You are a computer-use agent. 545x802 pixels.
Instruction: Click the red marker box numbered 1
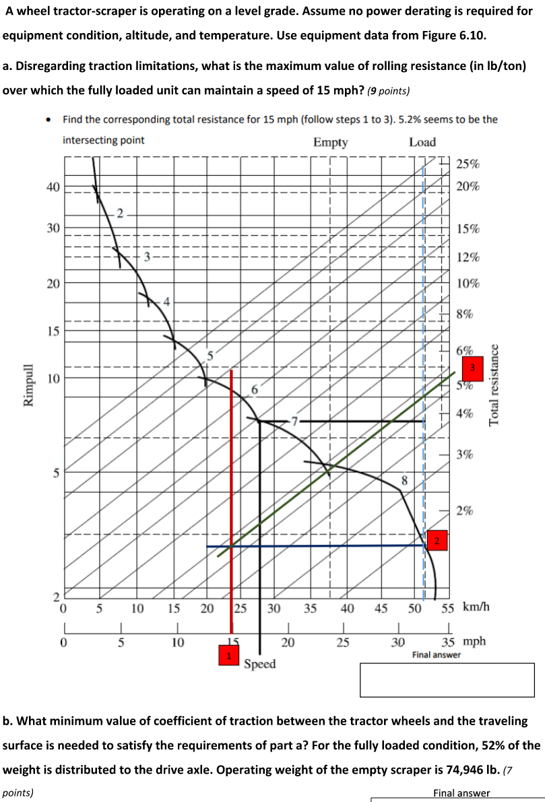(229, 655)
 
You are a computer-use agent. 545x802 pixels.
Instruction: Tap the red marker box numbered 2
(437, 541)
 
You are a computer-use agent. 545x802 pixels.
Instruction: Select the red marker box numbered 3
(472, 368)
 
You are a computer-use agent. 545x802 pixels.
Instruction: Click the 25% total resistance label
(468, 164)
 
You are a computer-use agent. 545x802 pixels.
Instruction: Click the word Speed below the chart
(260, 664)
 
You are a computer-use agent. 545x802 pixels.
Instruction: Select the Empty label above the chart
(330, 142)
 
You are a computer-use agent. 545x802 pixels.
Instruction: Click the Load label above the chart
(422, 142)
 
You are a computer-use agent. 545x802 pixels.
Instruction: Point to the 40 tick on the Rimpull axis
(53, 186)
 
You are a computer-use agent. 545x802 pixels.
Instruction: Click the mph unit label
(475, 641)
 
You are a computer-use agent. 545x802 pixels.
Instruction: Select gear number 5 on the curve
(209, 354)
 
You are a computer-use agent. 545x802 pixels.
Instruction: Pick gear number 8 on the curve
(404, 481)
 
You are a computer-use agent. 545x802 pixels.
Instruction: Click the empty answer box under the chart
(447, 679)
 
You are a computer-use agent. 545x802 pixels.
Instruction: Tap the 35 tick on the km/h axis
(311, 608)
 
